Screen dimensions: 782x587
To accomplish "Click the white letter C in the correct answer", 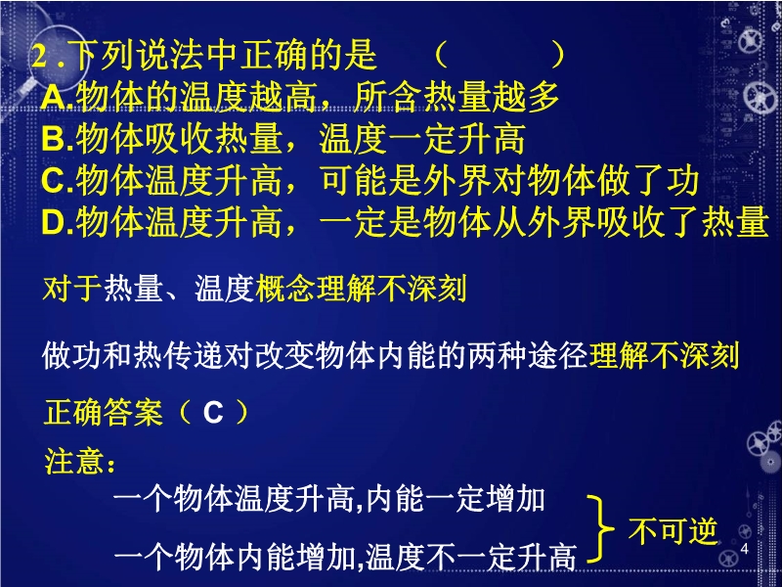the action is tap(213, 413).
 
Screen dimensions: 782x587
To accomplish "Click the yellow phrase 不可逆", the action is tap(673, 530).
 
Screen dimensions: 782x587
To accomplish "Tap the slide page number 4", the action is tap(745, 549).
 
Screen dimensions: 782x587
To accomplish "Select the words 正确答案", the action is tap(104, 413).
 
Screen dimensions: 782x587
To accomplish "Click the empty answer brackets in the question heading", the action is tap(500, 55).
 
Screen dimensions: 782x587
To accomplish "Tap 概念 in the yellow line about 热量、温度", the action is tap(285, 289).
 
